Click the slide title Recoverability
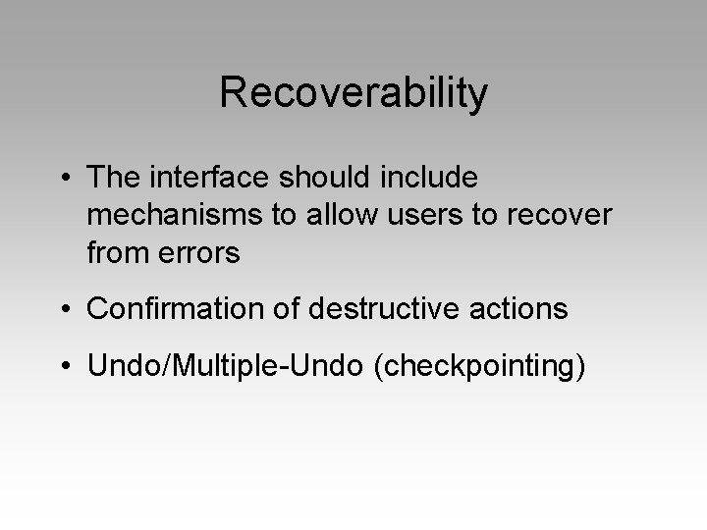(x=353, y=93)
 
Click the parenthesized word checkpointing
(x=473, y=367)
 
